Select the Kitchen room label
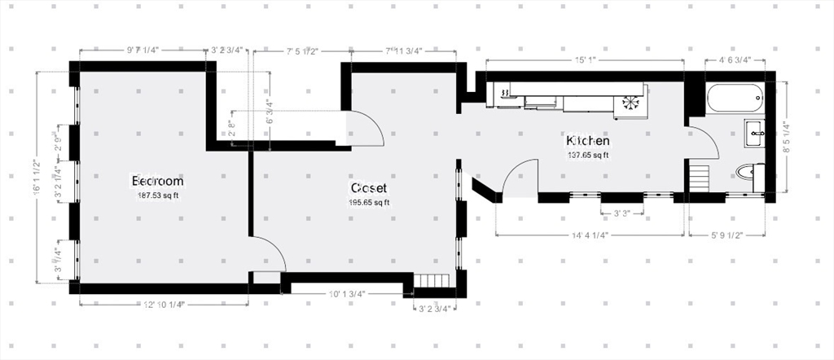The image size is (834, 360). (x=588, y=140)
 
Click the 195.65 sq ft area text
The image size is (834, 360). (x=369, y=203)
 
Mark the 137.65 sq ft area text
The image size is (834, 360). (x=588, y=155)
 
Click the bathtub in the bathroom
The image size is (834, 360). (x=736, y=99)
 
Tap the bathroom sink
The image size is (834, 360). (x=754, y=133)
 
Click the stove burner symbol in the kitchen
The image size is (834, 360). (x=631, y=103)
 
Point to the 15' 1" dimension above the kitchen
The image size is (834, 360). (x=584, y=59)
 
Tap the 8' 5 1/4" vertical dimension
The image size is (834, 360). (x=786, y=138)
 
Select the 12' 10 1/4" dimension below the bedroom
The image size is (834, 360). (x=163, y=305)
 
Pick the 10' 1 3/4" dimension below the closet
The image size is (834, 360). (x=347, y=294)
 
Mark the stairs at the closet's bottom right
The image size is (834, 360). (x=432, y=282)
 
